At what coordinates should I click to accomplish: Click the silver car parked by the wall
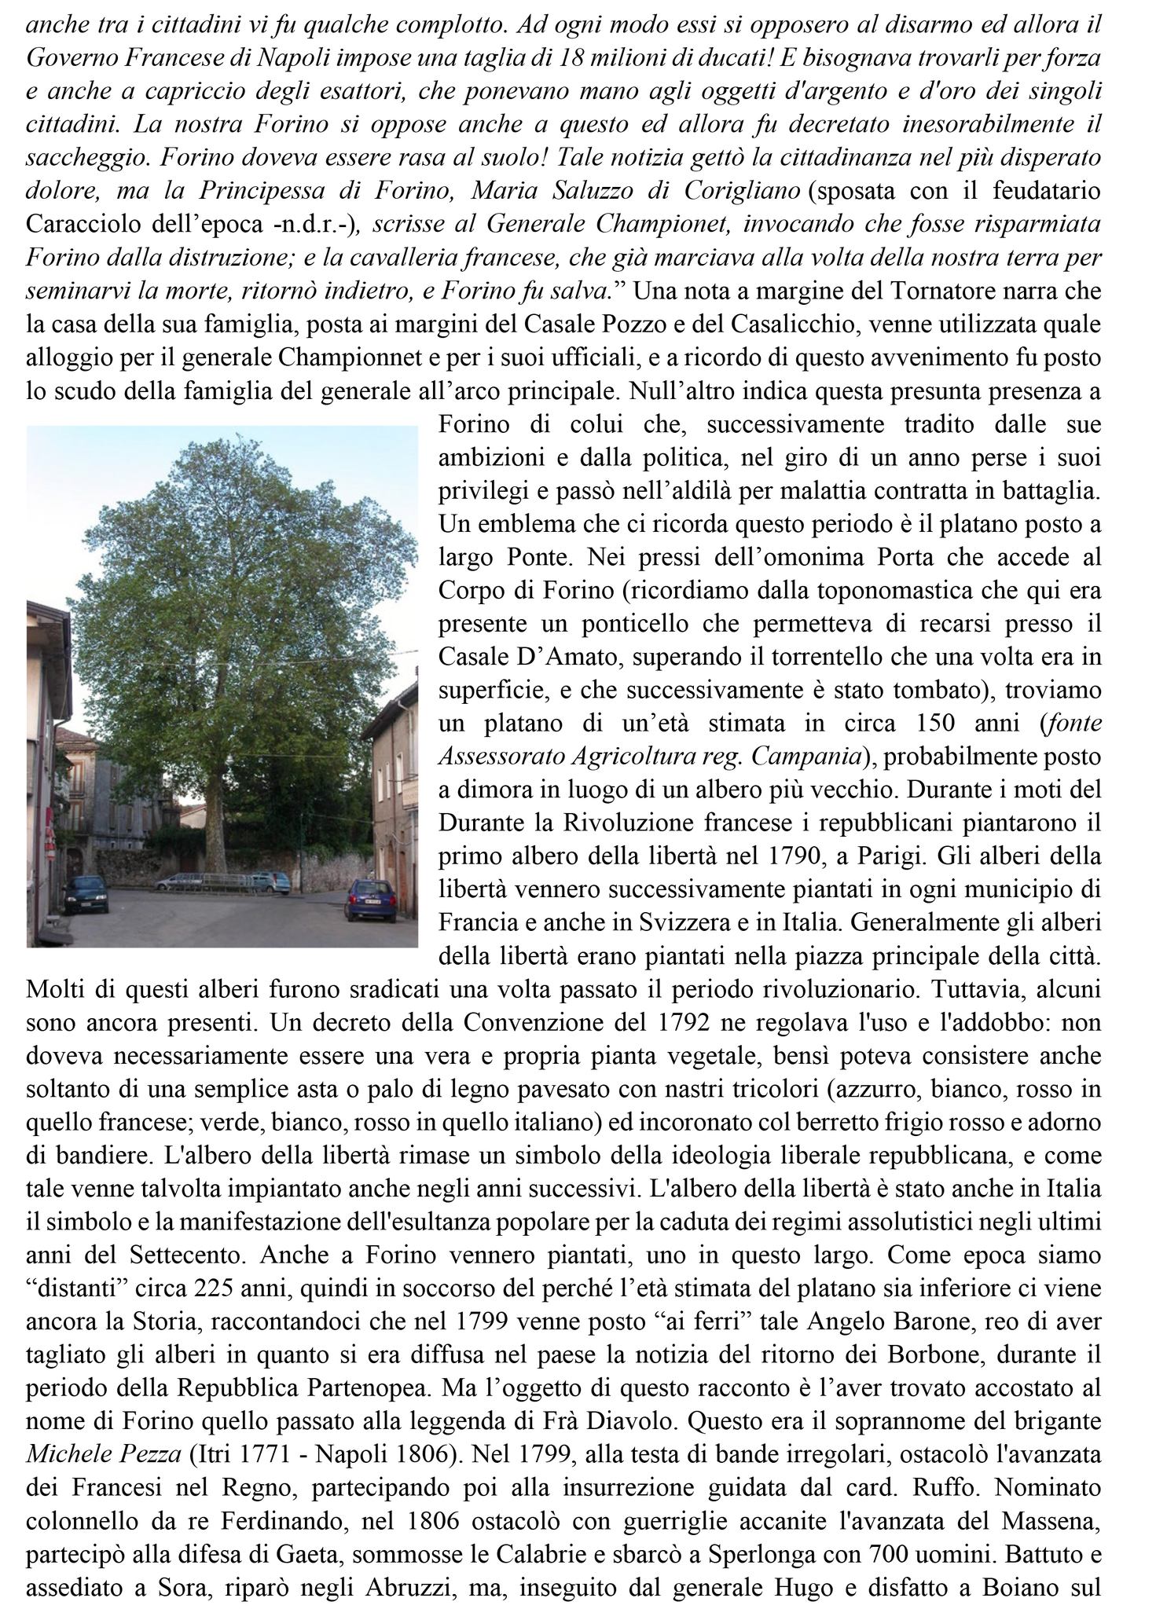click(x=271, y=881)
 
